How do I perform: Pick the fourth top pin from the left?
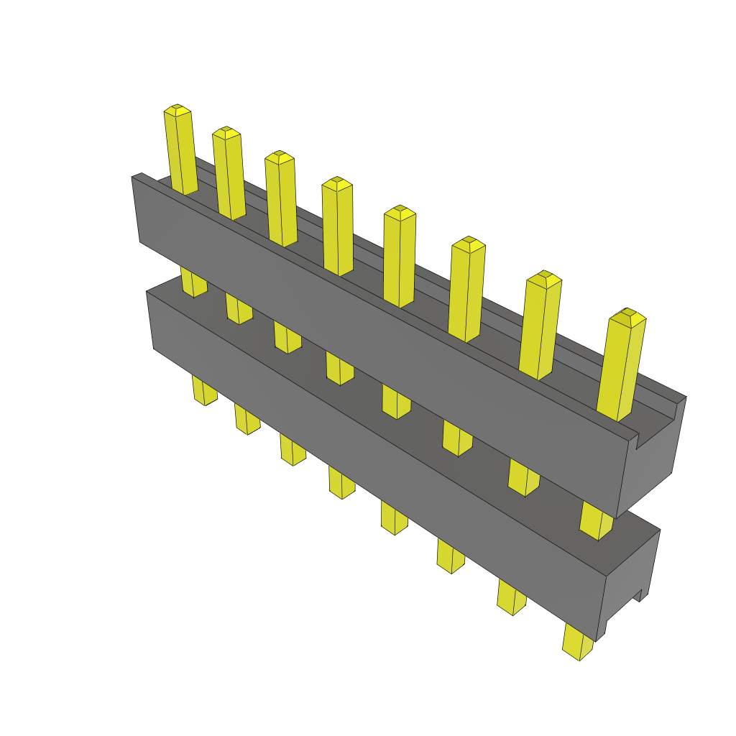[337, 226]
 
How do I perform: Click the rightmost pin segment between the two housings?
[596, 520]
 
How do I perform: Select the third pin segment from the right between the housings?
[457, 438]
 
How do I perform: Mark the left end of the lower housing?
[150, 320]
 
